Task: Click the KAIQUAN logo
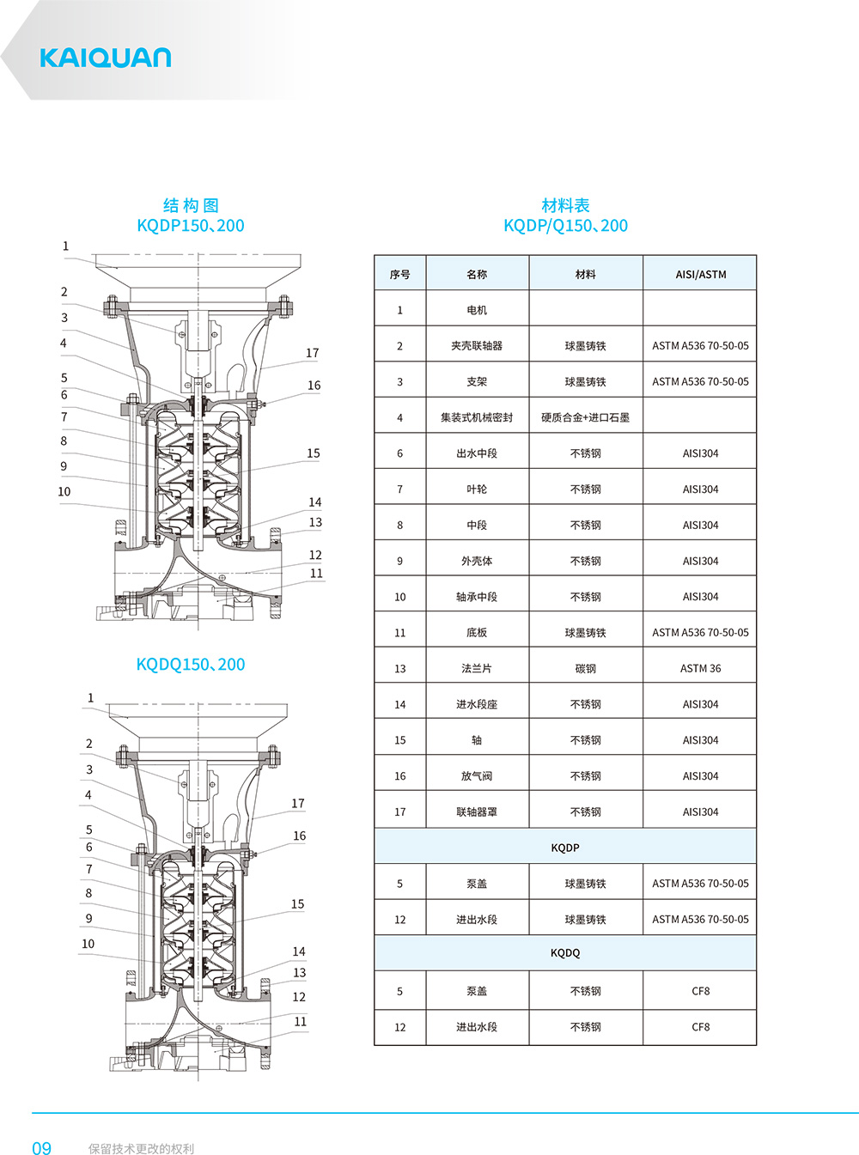click(x=105, y=58)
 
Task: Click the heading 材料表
click(x=565, y=205)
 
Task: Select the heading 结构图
click(x=191, y=205)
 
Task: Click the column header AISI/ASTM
click(x=700, y=275)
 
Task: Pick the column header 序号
click(x=399, y=275)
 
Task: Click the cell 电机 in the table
click(x=477, y=310)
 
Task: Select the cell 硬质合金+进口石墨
click(x=585, y=417)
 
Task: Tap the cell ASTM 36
click(x=700, y=669)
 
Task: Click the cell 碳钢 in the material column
click(x=585, y=669)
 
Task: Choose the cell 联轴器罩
click(x=477, y=812)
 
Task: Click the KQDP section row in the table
click(x=565, y=848)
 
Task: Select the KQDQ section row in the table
click(x=565, y=953)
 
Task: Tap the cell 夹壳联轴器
click(x=477, y=346)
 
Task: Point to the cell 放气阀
click(x=477, y=776)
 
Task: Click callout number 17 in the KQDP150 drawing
click(x=312, y=353)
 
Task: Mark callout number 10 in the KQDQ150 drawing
click(x=88, y=944)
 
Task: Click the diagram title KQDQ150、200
click(x=190, y=665)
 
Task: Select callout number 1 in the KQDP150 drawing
click(x=65, y=246)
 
